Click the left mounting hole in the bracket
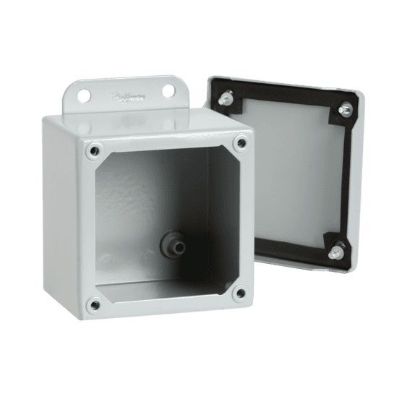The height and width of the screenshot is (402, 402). [x=90, y=93]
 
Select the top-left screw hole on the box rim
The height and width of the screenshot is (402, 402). [x=91, y=150]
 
